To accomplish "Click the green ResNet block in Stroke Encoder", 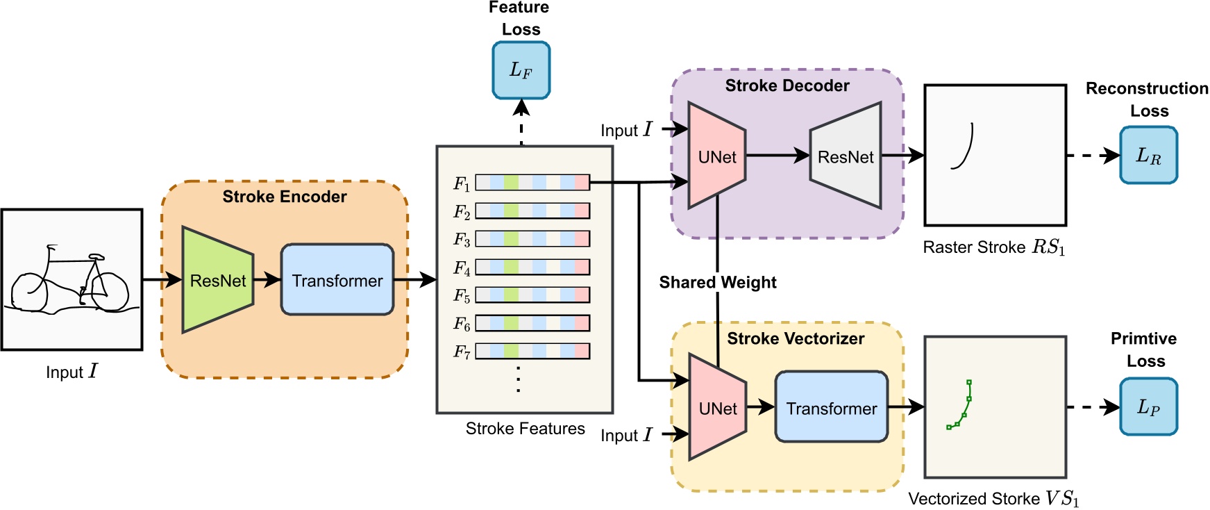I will [x=217, y=280].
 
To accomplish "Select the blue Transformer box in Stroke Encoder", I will [x=337, y=280].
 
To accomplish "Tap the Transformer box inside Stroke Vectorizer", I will [x=831, y=408].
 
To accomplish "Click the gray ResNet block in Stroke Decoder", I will [x=846, y=157].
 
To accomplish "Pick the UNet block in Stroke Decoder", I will [x=716, y=157].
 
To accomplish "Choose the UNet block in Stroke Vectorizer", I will [x=717, y=409].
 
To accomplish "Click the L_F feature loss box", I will [x=521, y=70].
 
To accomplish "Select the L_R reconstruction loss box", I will [x=1148, y=156].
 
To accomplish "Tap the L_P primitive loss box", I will [x=1148, y=407].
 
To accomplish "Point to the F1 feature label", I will [x=462, y=183].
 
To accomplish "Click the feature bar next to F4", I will [x=532, y=267].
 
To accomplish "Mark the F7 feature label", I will [x=462, y=352].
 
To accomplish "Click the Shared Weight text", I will [x=717, y=282].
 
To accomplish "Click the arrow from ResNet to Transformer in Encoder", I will [x=267, y=280].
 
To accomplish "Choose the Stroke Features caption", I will [x=525, y=429].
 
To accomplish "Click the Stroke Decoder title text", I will [x=787, y=85].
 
